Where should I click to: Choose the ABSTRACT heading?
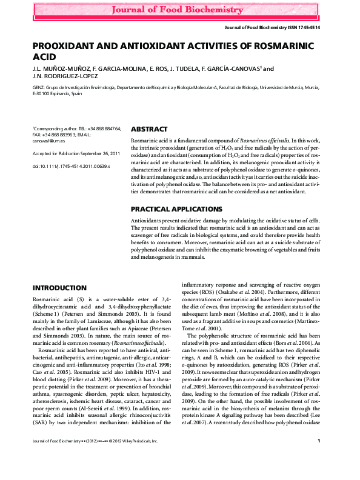[x=149, y=130]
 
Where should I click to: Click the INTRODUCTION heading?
[x=59, y=287]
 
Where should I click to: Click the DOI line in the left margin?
[x=71, y=165]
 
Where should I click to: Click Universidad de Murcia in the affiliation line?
[x=288, y=87]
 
